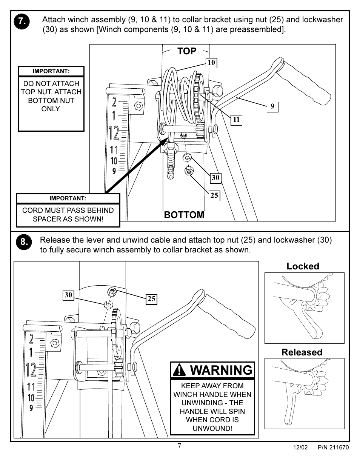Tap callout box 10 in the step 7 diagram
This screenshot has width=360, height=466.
pos(211,63)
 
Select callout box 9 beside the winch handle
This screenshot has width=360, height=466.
pos(272,107)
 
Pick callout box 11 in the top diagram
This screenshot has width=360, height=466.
pos(236,120)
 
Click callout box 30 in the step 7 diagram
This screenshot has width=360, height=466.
pos(215,177)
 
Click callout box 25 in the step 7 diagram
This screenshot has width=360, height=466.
pos(214,195)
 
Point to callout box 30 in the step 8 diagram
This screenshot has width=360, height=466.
pos(68,295)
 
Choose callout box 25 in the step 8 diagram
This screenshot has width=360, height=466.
pos(151,299)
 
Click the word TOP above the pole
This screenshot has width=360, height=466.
pos(187,51)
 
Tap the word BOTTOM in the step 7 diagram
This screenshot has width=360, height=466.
pos(184,215)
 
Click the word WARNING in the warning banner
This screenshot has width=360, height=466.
pos(221,370)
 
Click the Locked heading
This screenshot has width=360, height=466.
pos(303,266)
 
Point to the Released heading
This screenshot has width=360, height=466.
pos(302,352)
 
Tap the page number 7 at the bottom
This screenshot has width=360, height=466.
pos(179,446)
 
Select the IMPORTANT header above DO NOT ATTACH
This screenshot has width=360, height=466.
pos(51,71)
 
